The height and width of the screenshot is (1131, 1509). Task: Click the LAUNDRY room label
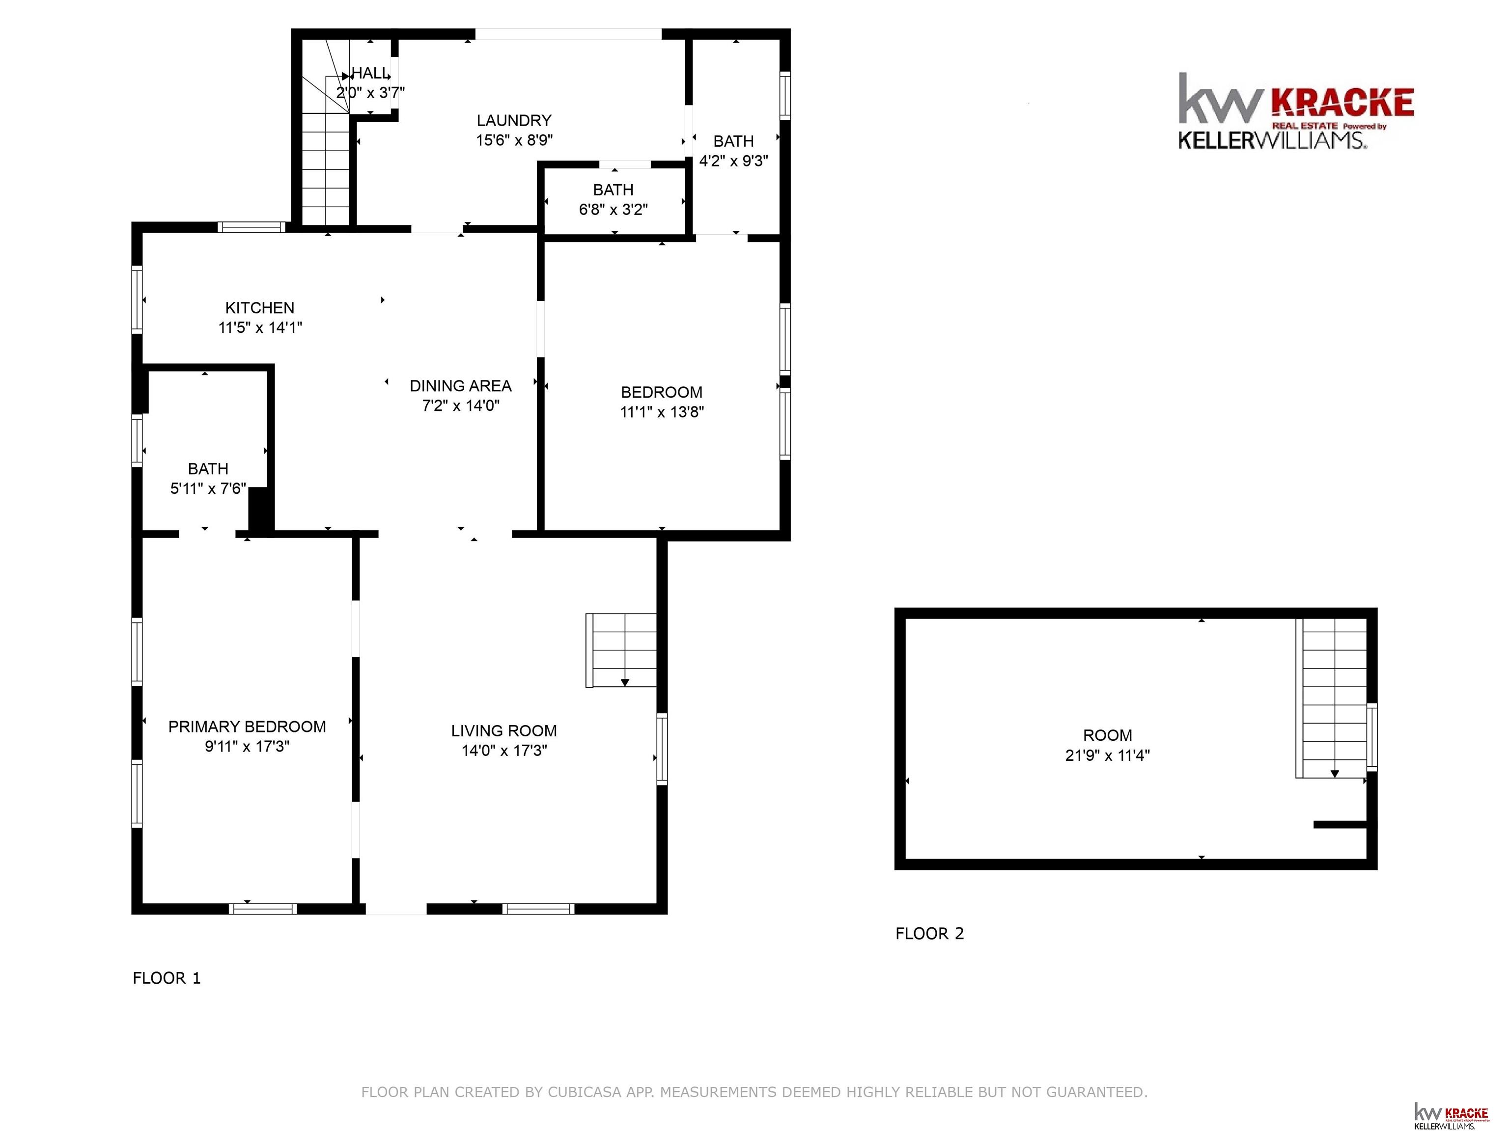coord(514,121)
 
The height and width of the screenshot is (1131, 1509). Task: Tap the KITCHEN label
coord(260,308)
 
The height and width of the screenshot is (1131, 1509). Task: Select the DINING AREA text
coord(460,386)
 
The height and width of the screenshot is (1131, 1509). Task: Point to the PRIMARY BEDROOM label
coord(247,727)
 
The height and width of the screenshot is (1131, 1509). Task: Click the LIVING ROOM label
coord(504,731)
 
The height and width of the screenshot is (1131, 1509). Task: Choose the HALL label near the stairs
coord(370,73)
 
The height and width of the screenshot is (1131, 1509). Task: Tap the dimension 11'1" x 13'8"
coord(662,412)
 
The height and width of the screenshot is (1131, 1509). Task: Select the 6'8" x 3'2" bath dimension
coord(614,209)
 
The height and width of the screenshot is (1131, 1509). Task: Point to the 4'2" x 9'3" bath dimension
coord(733,161)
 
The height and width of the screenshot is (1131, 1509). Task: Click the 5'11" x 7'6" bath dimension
coord(208,488)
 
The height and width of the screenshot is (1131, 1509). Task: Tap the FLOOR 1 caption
coord(167,978)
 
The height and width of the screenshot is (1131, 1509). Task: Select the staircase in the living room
coord(621,650)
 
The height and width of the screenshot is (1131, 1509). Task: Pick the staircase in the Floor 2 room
coord(1332,698)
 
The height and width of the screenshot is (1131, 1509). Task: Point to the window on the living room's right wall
coord(662,749)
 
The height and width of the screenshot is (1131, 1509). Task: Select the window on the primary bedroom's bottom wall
coord(263,909)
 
